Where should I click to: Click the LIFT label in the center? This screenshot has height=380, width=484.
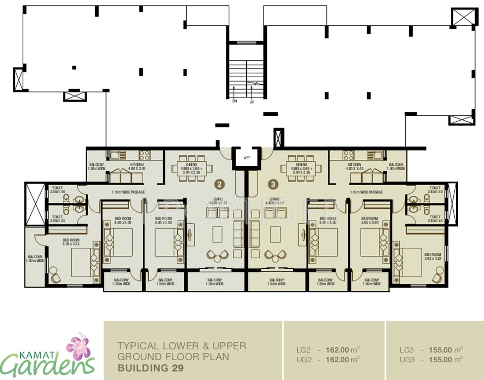[x=246, y=158]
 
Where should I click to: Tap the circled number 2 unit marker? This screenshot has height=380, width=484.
[x=219, y=184]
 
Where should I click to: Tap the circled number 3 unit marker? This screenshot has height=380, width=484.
[x=273, y=184]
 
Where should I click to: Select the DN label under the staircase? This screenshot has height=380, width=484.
[x=235, y=101]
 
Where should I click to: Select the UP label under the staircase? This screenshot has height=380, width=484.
[x=252, y=101]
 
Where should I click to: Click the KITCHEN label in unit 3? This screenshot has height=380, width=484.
[x=354, y=165]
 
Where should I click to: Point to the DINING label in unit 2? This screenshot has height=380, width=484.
[x=192, y=165]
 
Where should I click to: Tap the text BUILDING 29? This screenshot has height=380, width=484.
[x=151, y=368]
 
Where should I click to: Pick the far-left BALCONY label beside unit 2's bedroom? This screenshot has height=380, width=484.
[x=35, y=257]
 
